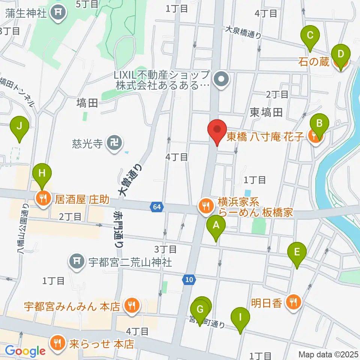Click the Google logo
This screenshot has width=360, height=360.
point(25,351)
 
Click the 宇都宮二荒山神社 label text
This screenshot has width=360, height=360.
point(130,261)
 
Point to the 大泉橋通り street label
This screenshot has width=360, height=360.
point(243,32)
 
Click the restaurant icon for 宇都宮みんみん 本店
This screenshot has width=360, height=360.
point(131,305)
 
